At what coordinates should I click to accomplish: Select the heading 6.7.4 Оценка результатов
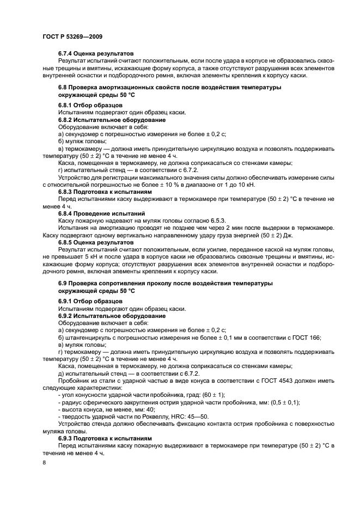(x=95, y=53)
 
